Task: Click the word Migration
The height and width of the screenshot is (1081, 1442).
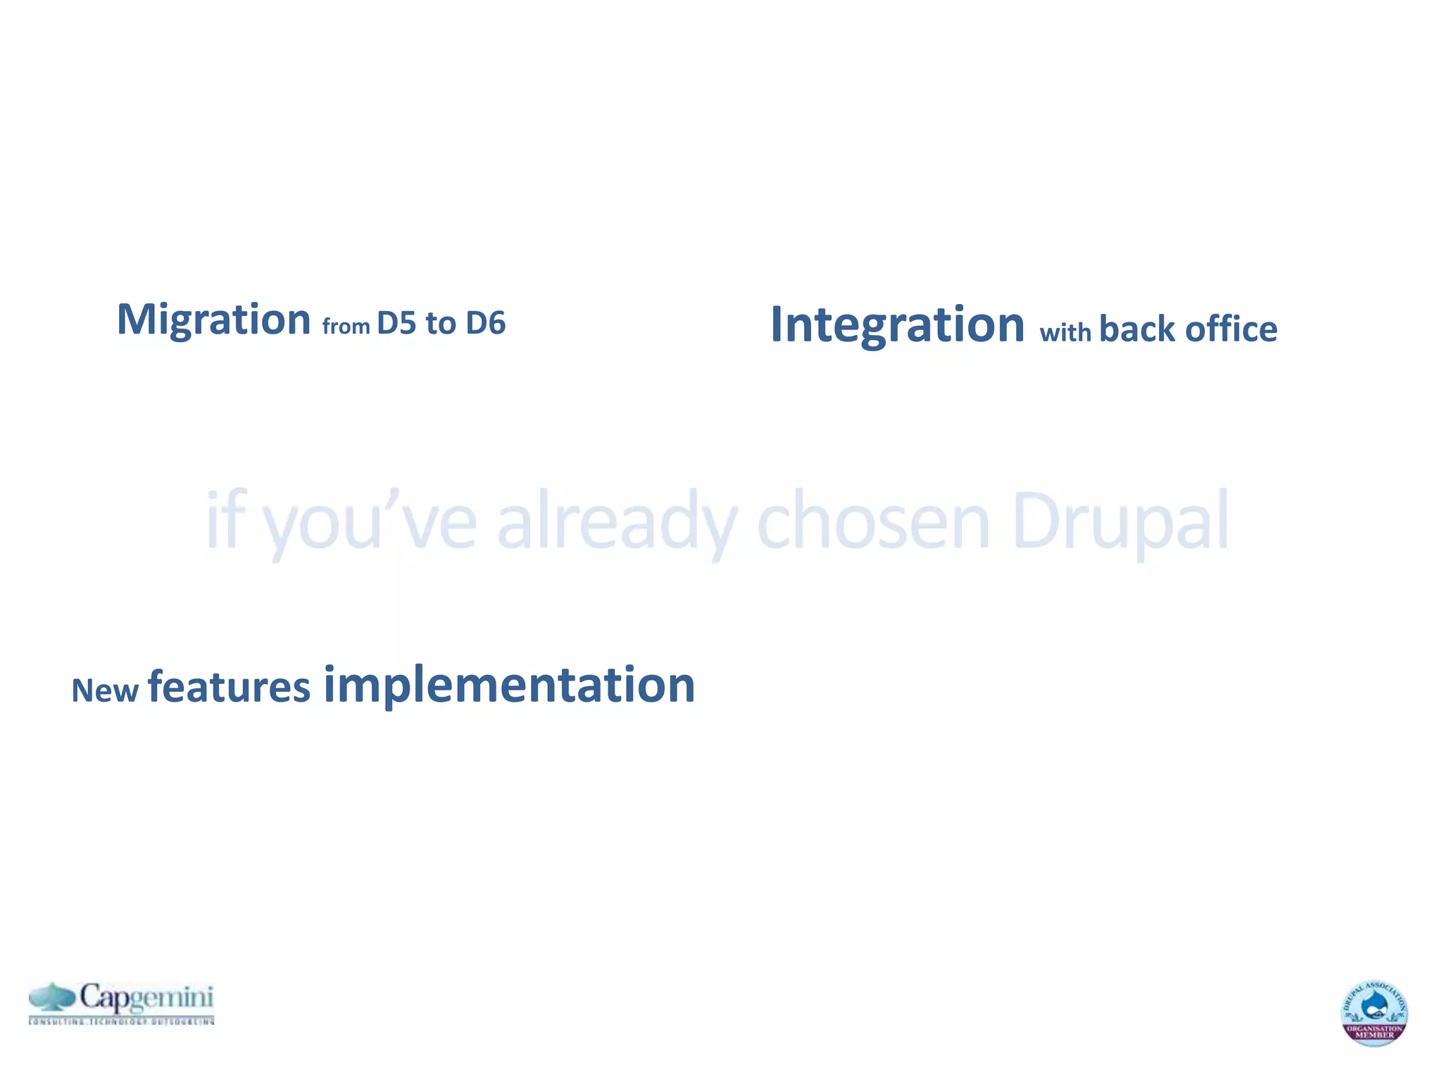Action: point(213,320)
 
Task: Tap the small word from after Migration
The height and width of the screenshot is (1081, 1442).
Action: point(346,327)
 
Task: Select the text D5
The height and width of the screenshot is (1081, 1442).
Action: point(396,324)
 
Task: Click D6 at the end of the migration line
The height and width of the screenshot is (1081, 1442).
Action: point(486,324)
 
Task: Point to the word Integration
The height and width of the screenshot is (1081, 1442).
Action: point(897,325)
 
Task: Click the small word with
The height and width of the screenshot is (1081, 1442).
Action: point(1065,332)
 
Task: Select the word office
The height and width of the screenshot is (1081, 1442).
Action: point(1231,329)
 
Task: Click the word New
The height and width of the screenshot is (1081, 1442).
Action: point(105,691)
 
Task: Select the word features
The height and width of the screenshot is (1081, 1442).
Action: point(229,688)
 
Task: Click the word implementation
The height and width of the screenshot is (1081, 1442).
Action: point(509,685)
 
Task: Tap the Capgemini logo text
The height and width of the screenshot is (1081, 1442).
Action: point(146,998)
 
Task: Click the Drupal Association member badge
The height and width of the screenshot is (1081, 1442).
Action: point(1374,1013)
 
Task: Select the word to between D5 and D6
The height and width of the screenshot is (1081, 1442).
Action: point(440,324)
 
